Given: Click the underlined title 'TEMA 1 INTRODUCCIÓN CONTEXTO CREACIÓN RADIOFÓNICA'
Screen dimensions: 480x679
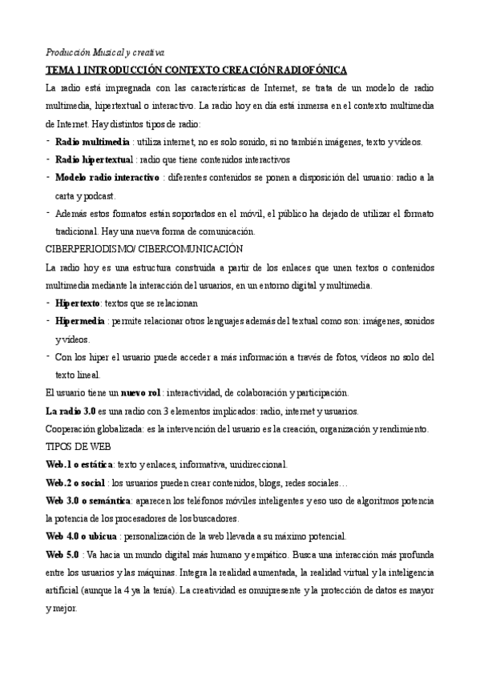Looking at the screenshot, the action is [196, 70].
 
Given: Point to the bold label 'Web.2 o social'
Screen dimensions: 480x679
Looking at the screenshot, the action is [76, 483].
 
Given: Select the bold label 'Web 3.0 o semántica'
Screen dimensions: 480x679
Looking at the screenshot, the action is [89, 500].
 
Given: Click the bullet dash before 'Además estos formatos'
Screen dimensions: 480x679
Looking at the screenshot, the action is [50, 213].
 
